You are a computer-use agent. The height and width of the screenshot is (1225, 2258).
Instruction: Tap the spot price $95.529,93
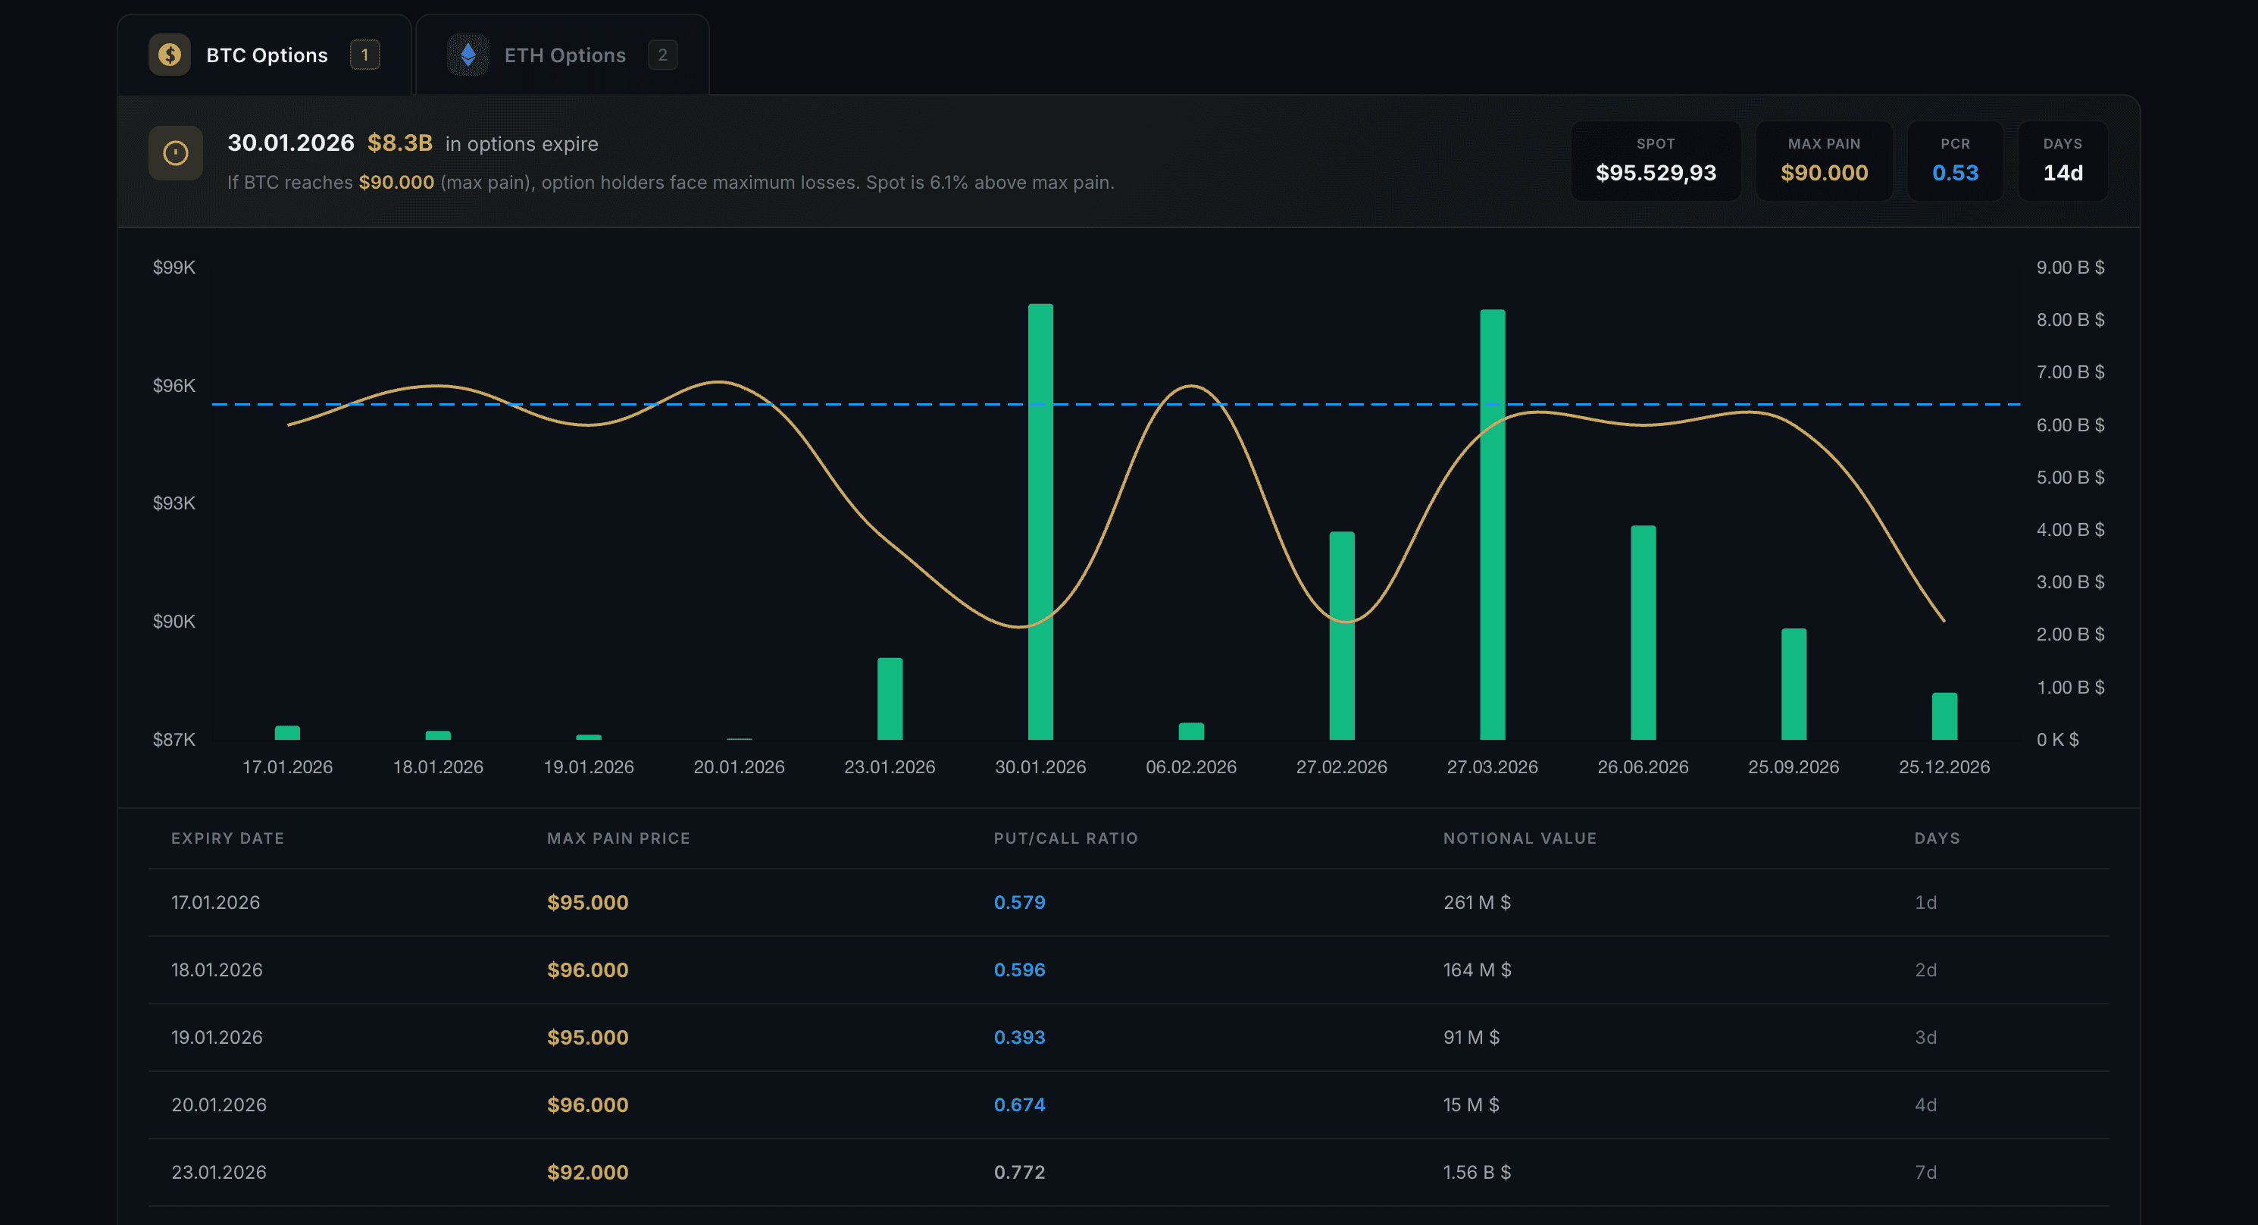tap(1655, 173)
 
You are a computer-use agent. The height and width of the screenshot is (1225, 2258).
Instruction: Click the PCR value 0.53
tap(1955, 173)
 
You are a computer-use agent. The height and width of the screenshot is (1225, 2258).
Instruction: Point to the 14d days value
tap(2062, 173)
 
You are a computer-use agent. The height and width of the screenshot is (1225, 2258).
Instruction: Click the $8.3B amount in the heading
tap(400, 143)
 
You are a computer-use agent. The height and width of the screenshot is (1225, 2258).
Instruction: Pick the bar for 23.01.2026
tap(890, 698)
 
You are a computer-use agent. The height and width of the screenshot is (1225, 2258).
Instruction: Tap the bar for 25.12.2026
tap(1944, 716)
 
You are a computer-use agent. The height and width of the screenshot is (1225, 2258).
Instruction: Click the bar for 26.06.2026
tap(1643, 632)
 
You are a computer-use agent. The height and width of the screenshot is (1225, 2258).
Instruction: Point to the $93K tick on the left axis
tap(174, 503)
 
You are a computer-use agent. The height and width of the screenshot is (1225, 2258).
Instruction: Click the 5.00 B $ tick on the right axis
tap(2069, 477)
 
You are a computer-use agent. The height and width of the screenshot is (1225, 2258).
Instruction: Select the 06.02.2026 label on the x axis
tap(1190, 766)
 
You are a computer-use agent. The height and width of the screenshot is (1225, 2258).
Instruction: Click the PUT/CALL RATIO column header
tap(1065, 838)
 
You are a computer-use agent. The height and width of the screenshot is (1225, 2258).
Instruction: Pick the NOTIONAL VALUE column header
tap(1519, 838)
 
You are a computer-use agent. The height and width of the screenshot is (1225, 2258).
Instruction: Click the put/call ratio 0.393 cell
tap(1018, 1037)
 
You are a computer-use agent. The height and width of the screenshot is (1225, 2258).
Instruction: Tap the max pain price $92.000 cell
tap(587, 1173)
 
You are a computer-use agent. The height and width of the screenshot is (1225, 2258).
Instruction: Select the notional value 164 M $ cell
tap(1476, 970)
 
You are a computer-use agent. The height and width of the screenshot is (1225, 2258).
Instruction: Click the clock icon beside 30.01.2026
tap(175, 153)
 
